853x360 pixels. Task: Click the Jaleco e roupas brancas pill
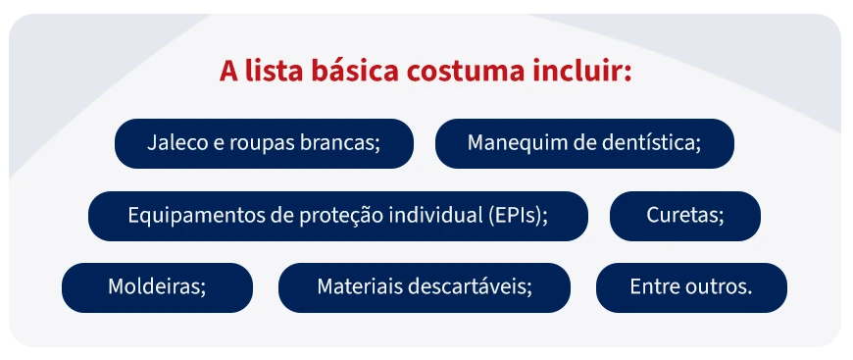[264, 143]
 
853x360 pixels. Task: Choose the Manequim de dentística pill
[584, 143]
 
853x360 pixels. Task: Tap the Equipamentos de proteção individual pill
[337, 216]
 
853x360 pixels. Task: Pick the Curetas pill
[684, 216]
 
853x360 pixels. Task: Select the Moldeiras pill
[157, 287]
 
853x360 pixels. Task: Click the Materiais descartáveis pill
[424, 287]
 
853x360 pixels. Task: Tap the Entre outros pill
[690, 287]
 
